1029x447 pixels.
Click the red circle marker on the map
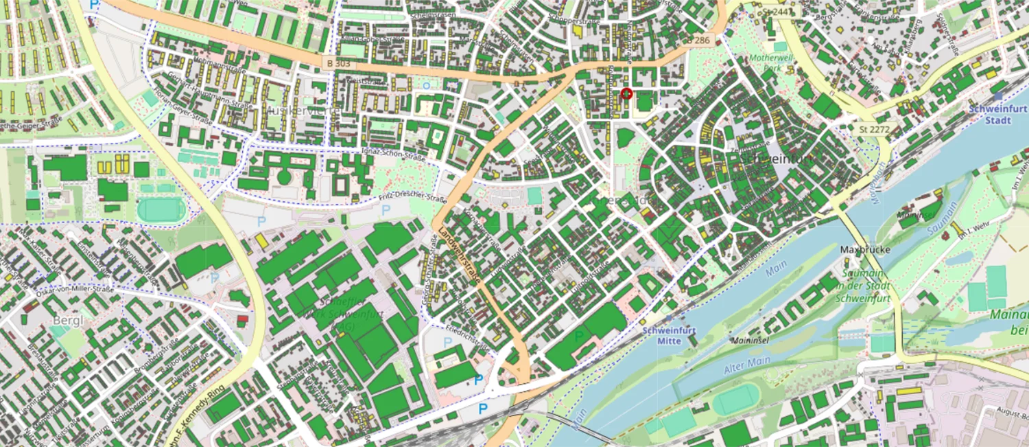tap(626, 94)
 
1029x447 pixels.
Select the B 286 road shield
tap(698, 41)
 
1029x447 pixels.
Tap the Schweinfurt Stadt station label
tap(998, 113)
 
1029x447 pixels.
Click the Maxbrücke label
tap(865, 249)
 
